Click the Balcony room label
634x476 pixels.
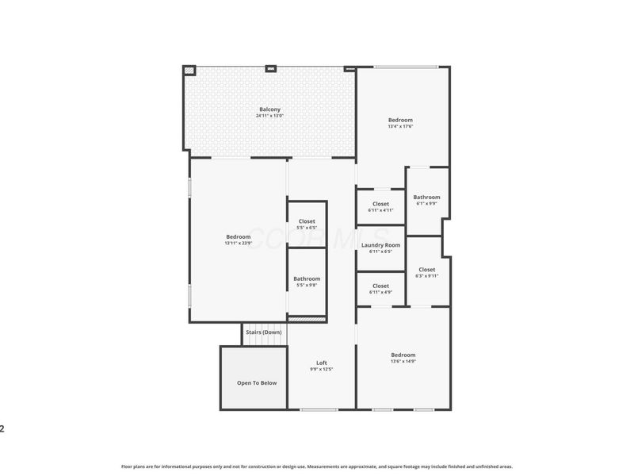click(x=269, y=109)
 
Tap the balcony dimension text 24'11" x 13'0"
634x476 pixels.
click(x=269, y=116)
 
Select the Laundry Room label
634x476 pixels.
click(x=380, y=245)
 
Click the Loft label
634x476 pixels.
click(x=321, y=363)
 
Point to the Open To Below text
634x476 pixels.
click(x=257, y=383)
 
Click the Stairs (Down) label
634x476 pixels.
click(x=263, y=332)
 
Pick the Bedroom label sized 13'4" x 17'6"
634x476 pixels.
click(x=400, y=120)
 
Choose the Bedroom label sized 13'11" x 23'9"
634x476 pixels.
click(x=238, y=236)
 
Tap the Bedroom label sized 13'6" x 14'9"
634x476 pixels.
click(x=403, y=355)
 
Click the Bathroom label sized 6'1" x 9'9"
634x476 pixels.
click(x=426, y=197)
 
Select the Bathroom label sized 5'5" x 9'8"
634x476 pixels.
click(x=307, y=278)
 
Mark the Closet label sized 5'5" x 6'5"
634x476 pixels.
click(x=307, y=221)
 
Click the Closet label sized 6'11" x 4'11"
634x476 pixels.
click(x=380, y=204)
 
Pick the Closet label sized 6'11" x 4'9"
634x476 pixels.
click(x=380, y=286)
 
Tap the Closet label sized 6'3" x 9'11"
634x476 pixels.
click(x=426, y=270)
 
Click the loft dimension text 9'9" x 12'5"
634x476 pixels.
click(x=321, y=369)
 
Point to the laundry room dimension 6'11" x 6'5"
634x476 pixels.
click(x=380, y=251)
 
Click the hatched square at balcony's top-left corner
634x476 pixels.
click(x=189, y=71)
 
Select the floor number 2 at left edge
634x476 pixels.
click(x=2, y=429)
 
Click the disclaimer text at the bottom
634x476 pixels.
click(x=317, y=466)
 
